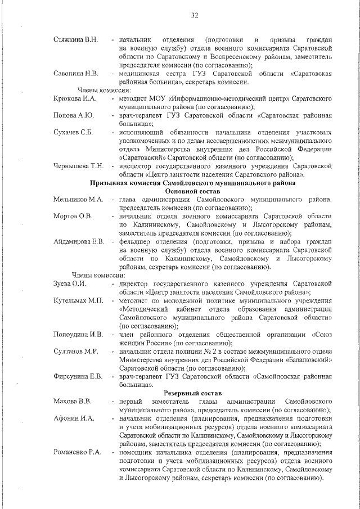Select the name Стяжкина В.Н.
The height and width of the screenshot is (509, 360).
(75, 39)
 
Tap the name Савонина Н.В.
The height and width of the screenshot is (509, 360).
(76, 73)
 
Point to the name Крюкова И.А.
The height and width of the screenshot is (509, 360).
(75, 98)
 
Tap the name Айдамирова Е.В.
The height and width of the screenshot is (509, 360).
(79, 242)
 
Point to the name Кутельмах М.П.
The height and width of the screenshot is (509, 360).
(78, 301)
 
